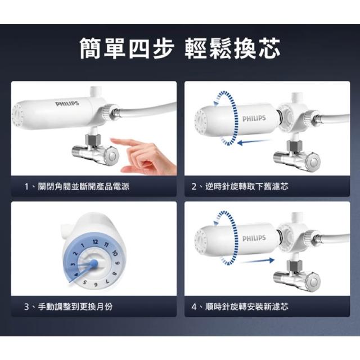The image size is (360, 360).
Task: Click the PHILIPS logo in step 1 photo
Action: [x=67, y=103]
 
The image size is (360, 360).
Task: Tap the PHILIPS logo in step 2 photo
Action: [x=254, y=119]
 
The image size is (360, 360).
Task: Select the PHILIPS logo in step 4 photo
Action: [x=254, y=238]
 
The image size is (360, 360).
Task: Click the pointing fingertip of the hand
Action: [x=112, y=140]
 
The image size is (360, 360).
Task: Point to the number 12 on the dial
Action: [x=96, y=242]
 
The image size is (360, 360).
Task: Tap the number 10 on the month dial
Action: [x=115, y=253]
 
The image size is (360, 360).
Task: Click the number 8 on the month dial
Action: [x=115, y=273]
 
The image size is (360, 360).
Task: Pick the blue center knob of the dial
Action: [x=94, y=264]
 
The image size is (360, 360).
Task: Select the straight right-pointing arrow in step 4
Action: [x=258, y=261]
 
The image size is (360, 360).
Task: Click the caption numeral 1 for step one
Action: [x=26, y=186]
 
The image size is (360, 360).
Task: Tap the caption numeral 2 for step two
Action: [x=194, y=186]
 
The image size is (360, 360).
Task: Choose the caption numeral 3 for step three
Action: [x=26, y=307]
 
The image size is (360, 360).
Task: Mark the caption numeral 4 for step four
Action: [x=194, y=307]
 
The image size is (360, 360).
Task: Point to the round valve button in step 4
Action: [x=313, y=281]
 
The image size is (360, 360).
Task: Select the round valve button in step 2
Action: [x=313, y=161]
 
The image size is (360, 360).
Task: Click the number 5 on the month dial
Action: [x=85, y=282]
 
